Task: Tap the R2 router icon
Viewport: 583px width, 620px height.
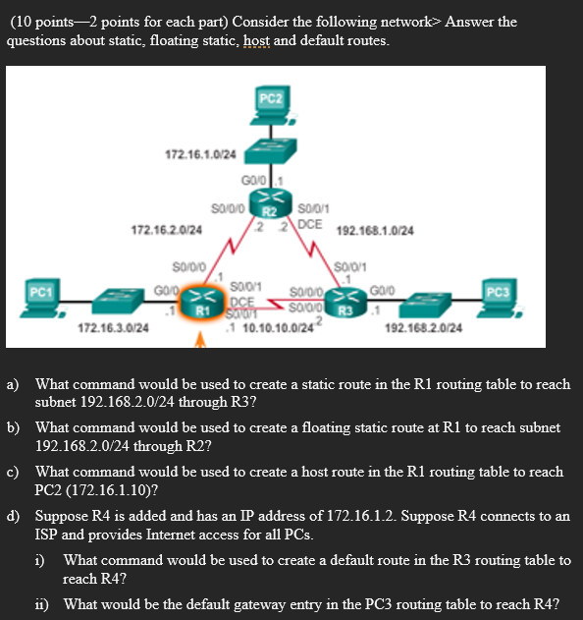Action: point(268,207)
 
